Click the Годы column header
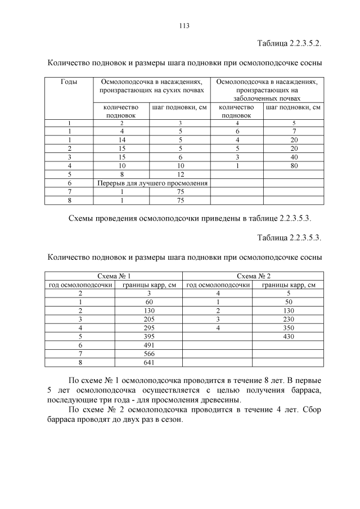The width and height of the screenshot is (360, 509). pos(69,82)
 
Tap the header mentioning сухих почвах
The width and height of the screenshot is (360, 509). pos(151,86)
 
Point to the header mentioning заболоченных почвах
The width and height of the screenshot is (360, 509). pos(267,89)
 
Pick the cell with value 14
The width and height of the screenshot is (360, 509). pos(121,139)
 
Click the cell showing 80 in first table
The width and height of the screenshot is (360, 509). pos(294,166)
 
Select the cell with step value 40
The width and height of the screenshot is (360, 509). pos(294,157)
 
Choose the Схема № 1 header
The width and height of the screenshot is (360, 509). pos(114,276)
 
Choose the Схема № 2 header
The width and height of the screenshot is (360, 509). pos(254,276)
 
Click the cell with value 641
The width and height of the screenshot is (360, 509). pos(149,362)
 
